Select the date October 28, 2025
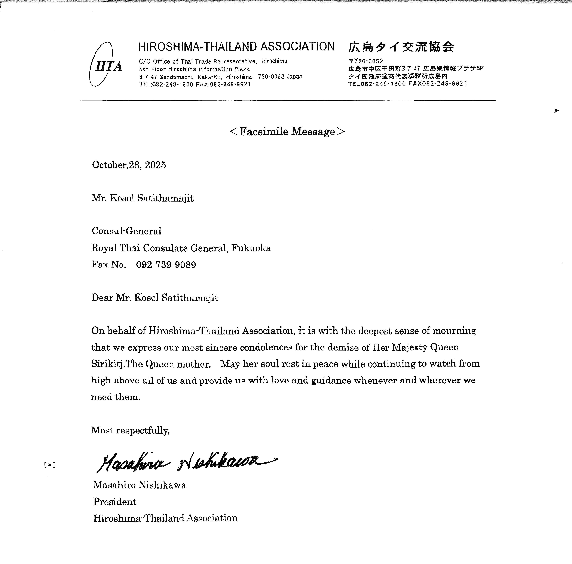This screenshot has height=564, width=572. pyautogui.click(x=129, y=165)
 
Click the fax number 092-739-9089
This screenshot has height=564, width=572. pyautogui.click(x=166, y=265)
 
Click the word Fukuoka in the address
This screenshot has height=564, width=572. pyautogui.click(x=251, y=248)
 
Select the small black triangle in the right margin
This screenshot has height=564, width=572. pyautogui.click(x=557, y=111)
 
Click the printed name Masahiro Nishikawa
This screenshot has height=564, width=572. pyautogui.click(x=139, y=485)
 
